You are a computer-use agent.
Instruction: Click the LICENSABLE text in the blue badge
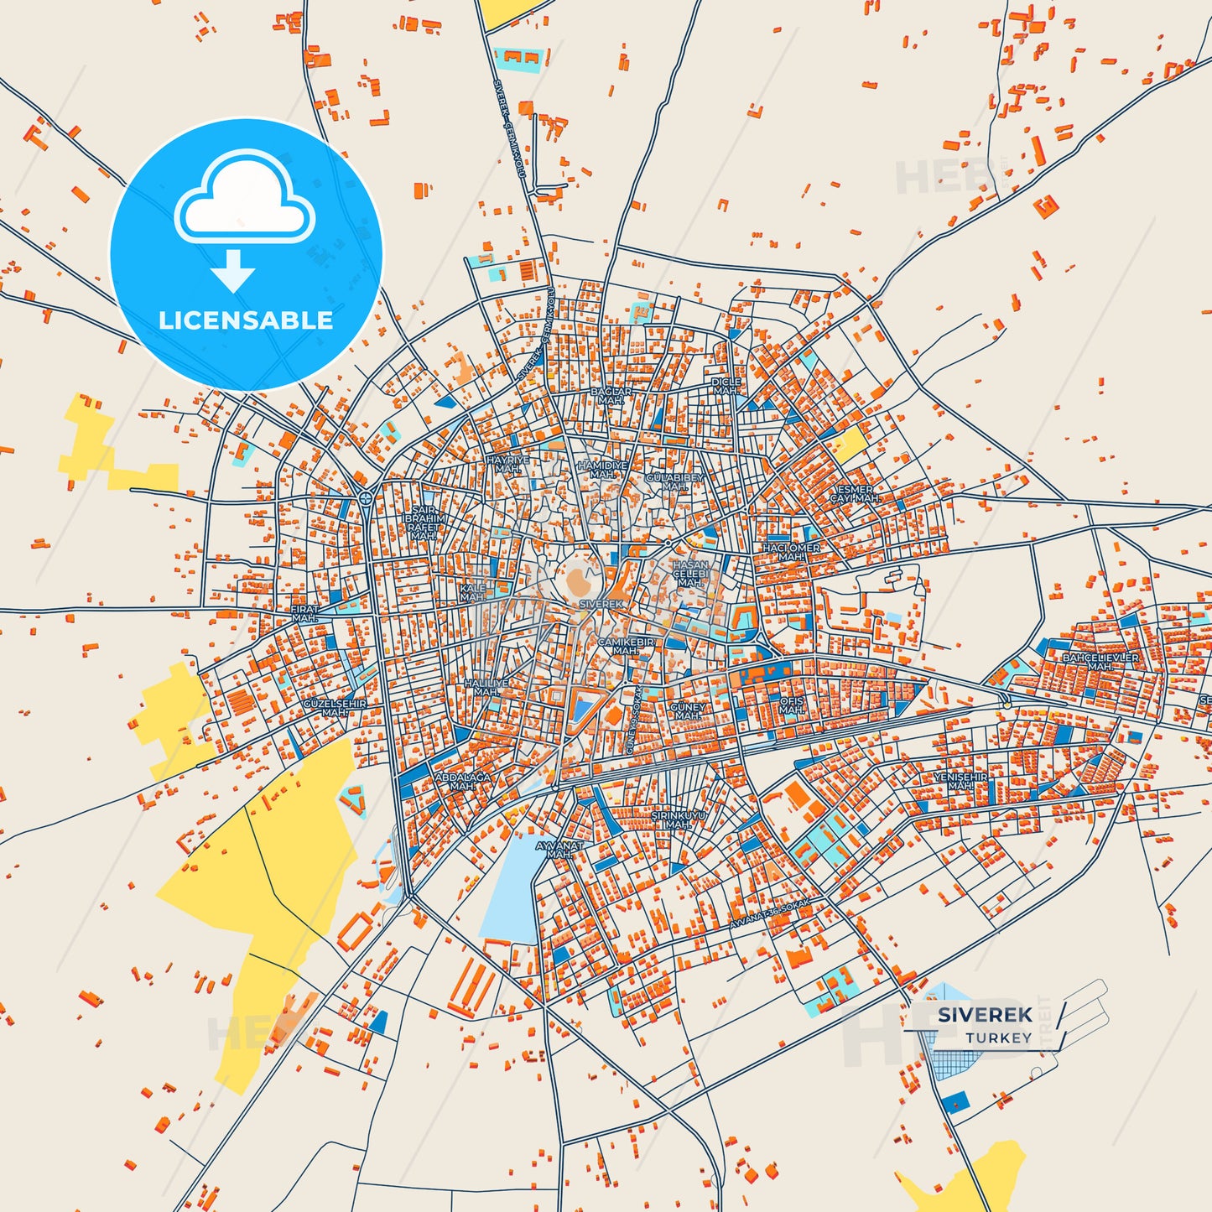[246, 320]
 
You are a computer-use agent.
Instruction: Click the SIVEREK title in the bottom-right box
[985, 1015]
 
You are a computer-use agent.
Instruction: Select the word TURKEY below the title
[998, 1038]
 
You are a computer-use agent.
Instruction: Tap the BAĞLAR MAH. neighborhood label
[611, 396]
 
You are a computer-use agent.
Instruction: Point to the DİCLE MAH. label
[726, 386]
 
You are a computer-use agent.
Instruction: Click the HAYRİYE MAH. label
[508, 465]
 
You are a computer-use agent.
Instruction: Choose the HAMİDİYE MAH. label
[602, 470]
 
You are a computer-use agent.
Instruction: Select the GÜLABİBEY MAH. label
[675, 482]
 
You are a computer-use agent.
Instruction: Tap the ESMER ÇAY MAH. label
[855, 494]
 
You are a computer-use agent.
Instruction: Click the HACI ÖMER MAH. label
[791, 552]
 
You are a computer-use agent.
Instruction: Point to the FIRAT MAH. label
[304, 614]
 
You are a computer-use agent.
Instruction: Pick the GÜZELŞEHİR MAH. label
[334, 708]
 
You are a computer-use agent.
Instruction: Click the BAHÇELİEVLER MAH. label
[1100, 662]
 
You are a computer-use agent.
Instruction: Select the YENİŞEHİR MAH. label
[960, 782]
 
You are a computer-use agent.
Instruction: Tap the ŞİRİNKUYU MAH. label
[678, 819]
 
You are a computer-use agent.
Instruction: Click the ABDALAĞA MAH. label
[462, 782]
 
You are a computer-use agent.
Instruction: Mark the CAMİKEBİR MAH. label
[626, 646]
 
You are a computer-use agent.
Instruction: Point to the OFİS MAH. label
[792, 705]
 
